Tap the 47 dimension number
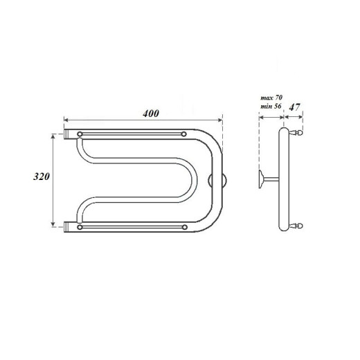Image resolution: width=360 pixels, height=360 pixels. [294, 107]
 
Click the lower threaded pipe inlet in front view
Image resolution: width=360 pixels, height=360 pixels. [68, 225]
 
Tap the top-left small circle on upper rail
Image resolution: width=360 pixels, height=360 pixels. [81, 134]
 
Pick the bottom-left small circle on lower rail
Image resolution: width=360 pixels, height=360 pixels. [81, 226]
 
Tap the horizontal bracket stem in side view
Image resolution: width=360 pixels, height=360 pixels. [271, 180]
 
